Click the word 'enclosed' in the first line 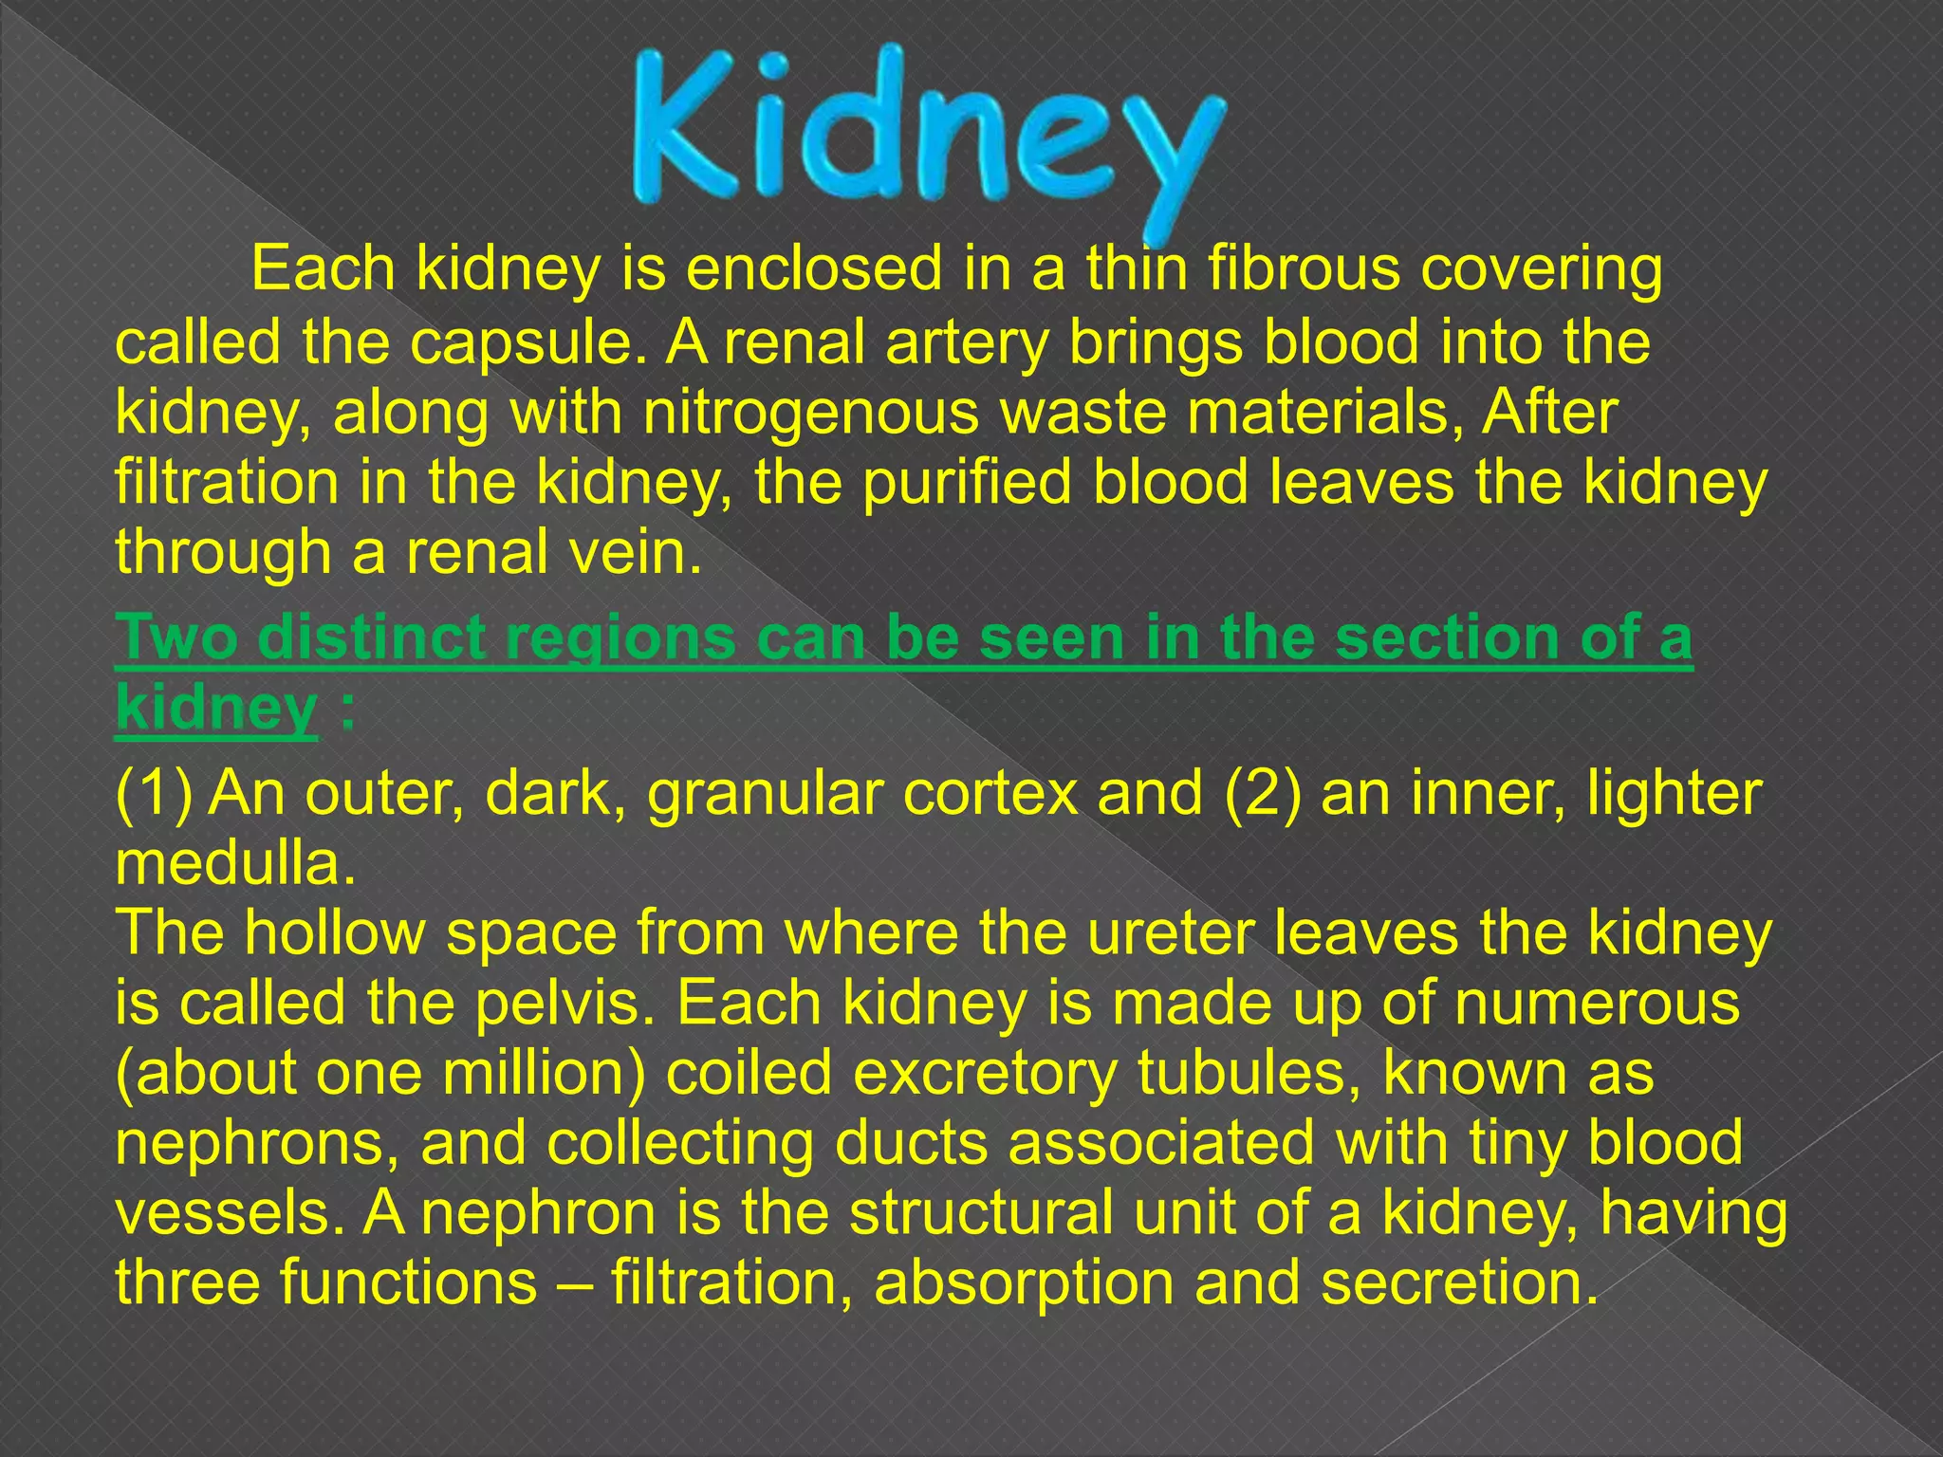(x=813, y=269)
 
